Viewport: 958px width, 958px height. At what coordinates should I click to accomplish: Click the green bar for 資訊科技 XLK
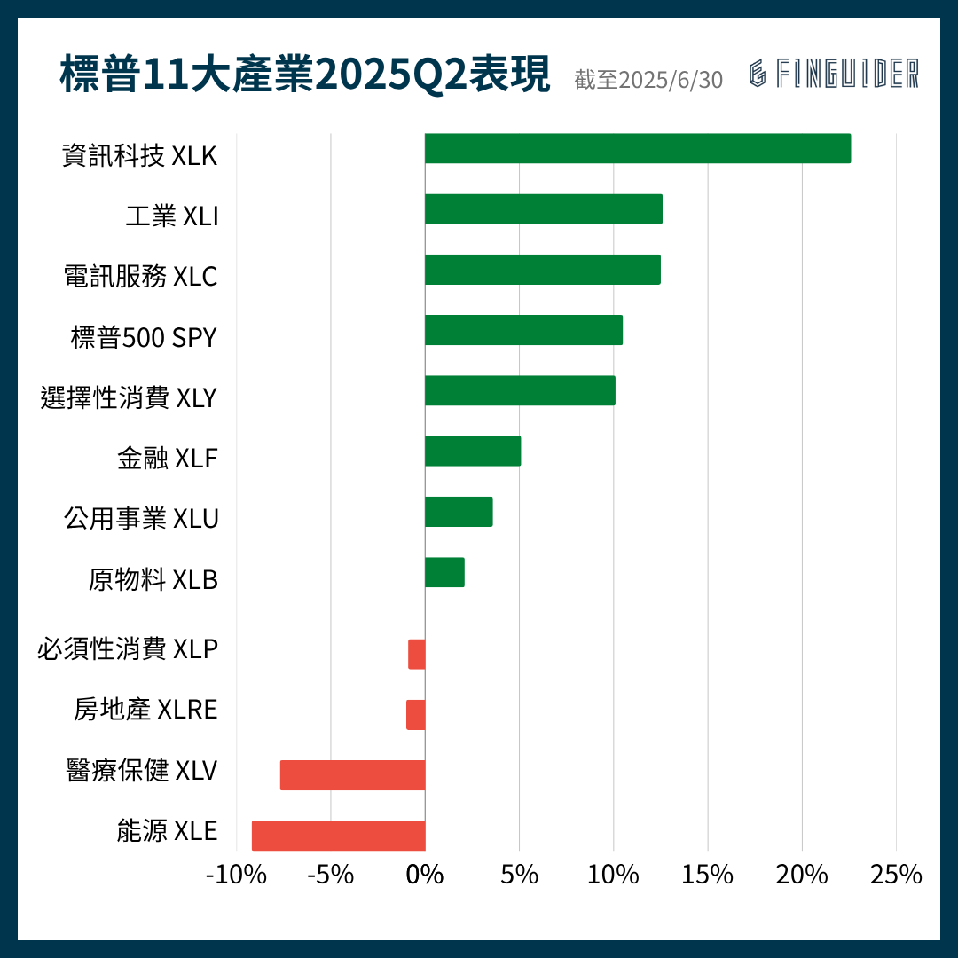point(637,149)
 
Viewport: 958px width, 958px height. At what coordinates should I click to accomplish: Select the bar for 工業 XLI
point(543,209)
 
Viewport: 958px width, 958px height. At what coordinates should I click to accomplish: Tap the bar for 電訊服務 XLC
point(542,270)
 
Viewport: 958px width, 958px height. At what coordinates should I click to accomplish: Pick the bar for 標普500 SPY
point(523,330)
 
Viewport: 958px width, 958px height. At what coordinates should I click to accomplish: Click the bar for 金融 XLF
point(472,452)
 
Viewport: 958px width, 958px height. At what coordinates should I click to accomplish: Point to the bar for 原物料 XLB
point(444,573)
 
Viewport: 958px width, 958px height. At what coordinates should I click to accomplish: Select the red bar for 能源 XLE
point(338,836)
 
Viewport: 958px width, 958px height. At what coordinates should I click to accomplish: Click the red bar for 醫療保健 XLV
point(352,775)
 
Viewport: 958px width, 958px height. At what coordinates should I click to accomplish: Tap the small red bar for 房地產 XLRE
point(416,715)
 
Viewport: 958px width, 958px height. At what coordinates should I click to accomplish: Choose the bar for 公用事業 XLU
point(459,513)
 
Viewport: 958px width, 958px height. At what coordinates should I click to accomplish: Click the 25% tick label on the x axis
point(896,875)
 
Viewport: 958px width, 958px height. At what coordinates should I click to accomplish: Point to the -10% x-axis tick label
point(236,875)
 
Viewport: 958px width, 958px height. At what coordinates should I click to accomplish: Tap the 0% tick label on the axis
point(425,875)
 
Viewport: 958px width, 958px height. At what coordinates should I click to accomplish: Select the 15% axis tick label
point(707,875)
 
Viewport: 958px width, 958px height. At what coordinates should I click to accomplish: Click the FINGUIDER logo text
point(834,75)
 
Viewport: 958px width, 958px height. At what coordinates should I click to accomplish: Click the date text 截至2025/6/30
point(648,80)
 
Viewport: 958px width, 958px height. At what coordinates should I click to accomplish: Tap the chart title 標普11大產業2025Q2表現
point(305,75)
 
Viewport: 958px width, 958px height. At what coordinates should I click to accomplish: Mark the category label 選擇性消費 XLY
point(129,397)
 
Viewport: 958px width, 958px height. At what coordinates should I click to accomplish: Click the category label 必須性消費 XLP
point(128,649)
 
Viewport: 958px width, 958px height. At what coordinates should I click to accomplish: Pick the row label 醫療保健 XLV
point(142,770)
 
